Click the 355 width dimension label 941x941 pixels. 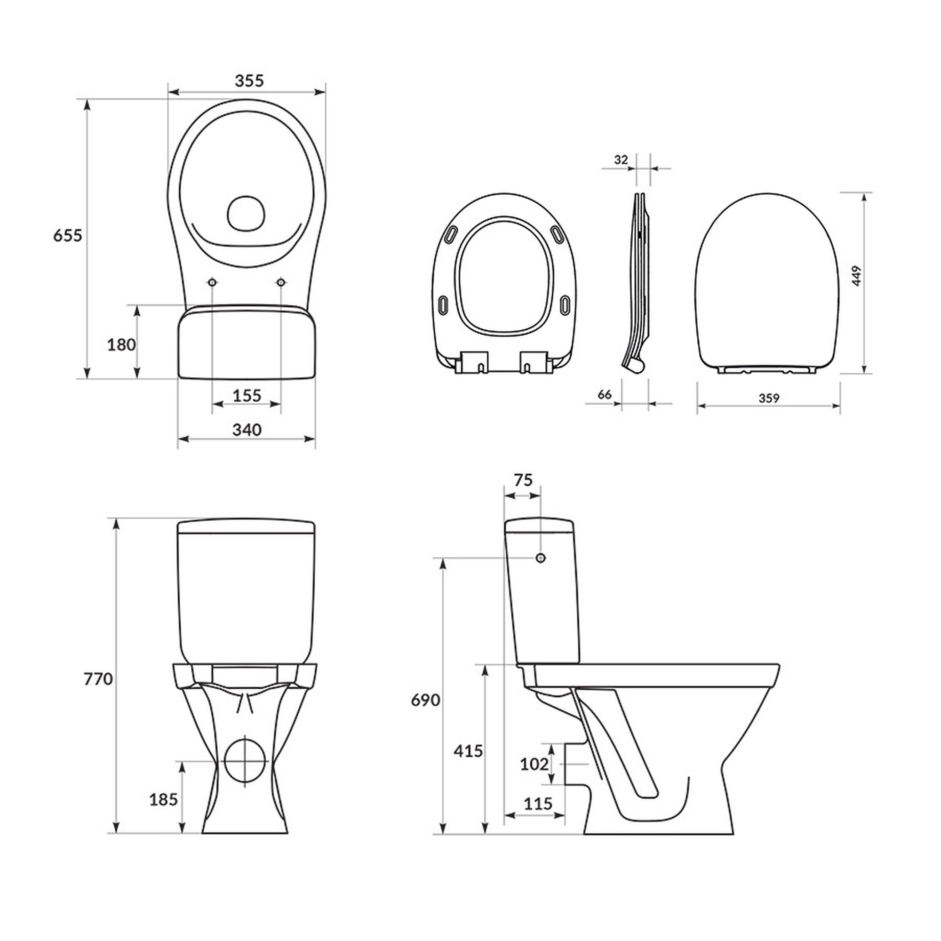(249, 80)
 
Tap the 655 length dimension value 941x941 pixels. (68, 236)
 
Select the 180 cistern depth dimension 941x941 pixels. (121, 345)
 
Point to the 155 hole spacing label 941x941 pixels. (247, 396)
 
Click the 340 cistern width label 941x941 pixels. (247, 430)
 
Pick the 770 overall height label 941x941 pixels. (98, 679)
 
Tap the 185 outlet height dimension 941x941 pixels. (163, 799)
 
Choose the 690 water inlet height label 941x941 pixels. (426, 701)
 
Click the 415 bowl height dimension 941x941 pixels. (468, 751)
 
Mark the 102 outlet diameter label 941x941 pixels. (534, 764)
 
